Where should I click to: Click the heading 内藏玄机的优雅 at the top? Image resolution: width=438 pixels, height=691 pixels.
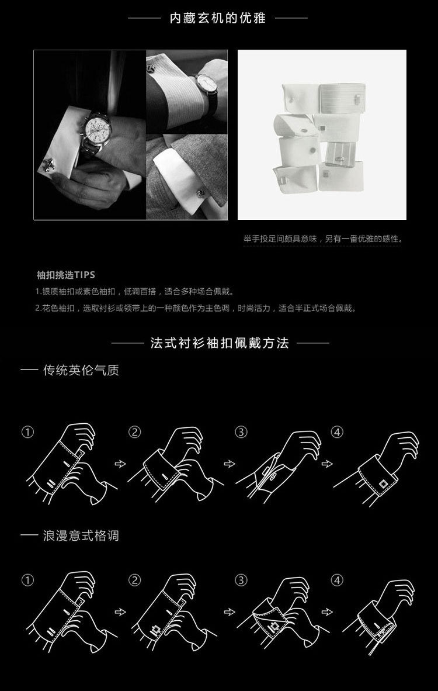point(218,18)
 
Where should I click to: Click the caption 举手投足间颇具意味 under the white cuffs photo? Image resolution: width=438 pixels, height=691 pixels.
point(323,239)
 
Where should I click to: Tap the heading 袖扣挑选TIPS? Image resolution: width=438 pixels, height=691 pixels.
point(65,275)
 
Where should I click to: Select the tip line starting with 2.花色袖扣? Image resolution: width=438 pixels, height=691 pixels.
point(195,308)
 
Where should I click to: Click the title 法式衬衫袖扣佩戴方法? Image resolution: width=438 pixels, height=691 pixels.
point(220,343)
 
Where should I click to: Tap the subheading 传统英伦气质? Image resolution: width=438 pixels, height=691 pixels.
point(81,370)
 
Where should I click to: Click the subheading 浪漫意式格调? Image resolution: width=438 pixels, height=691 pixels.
point(81,535)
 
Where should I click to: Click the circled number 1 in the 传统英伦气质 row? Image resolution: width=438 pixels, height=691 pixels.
point(27,433)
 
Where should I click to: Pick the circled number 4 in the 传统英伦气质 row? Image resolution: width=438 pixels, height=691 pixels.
point(337,433)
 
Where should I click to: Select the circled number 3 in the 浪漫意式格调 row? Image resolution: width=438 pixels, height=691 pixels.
point(241,581)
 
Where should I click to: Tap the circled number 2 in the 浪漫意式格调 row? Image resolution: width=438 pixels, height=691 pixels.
point(135,581)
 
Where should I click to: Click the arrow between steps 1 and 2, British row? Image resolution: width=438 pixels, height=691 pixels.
point(121,464)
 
